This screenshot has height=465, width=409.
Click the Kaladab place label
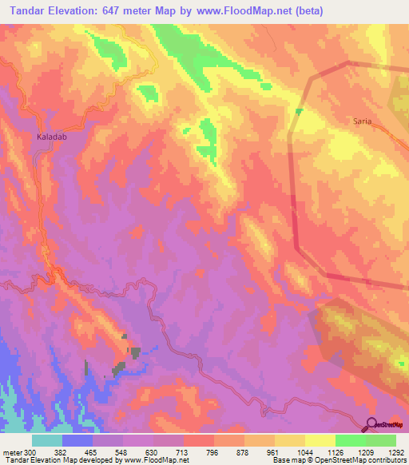[50, 137]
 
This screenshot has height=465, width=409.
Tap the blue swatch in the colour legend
[77, 440]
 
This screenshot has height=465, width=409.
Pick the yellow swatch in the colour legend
[320, 440]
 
